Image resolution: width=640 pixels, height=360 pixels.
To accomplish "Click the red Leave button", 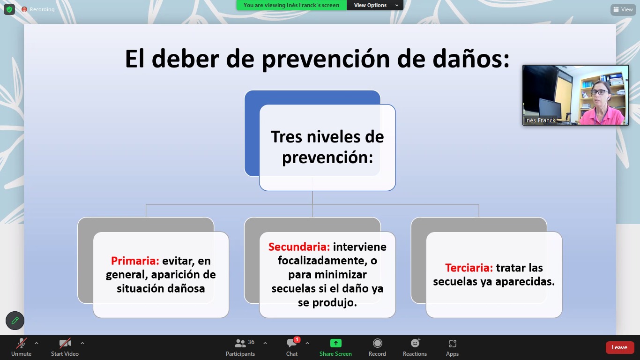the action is (x=619, y=347).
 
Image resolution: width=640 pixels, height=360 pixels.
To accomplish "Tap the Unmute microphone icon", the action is (x=22, y=343).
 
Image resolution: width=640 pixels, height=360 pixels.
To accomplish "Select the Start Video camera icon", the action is (x=65, y=343).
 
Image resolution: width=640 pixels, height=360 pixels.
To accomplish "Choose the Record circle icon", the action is (x=378, y=343).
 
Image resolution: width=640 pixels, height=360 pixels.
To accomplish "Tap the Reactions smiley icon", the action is (x=415, y=343).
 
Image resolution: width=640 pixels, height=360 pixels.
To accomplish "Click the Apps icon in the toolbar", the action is (x=452, y=343).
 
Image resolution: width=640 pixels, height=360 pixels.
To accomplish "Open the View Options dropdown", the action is (x=375, y=5).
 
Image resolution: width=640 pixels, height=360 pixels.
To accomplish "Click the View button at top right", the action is (x=623, y=9).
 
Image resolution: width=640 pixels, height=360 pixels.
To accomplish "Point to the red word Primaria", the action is (x=135, y=261).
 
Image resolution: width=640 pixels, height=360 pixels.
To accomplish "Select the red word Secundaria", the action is (x=299, y=247).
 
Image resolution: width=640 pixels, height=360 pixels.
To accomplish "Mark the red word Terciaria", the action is (x=469, y=268).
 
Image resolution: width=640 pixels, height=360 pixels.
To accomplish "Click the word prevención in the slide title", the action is (x=326, y=60).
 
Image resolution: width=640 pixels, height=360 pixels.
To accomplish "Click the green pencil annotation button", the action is (x=15, y=321).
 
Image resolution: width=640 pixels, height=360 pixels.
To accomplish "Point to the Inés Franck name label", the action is (x=540, y=120).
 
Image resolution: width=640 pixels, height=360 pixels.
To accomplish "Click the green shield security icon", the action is (x=9, y=9).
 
